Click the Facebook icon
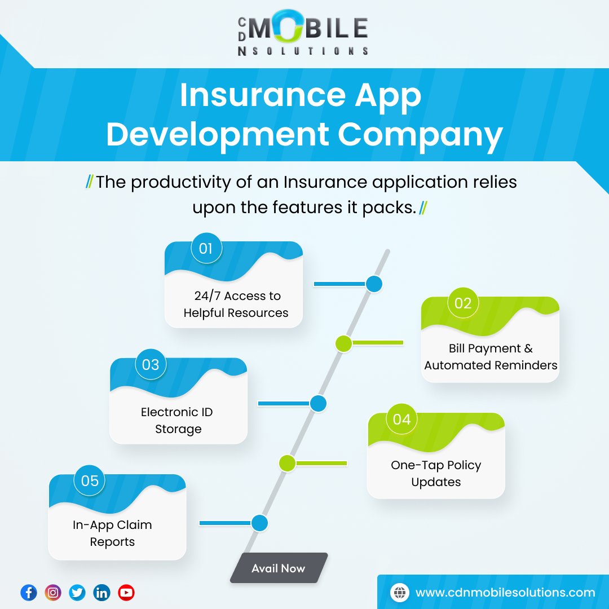coord(29,593)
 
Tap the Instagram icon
coord(53,593)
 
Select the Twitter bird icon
coord(77,593)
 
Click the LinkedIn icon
coord(102,593)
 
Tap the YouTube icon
coord(126,593)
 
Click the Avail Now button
coord(279,568)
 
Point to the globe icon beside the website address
coord(399,593)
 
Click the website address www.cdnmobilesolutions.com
coord(505,593)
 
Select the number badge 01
coord(206,248)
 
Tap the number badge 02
coord(463,303)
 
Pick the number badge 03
coord(151,364)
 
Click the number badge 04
coord(402,420)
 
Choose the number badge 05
coord(90,480)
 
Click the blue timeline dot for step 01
coord(374,284)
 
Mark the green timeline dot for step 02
coord(343,343)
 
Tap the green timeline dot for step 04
coord(287,464)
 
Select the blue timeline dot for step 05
coord(259,523)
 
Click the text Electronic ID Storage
coord(178,421)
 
